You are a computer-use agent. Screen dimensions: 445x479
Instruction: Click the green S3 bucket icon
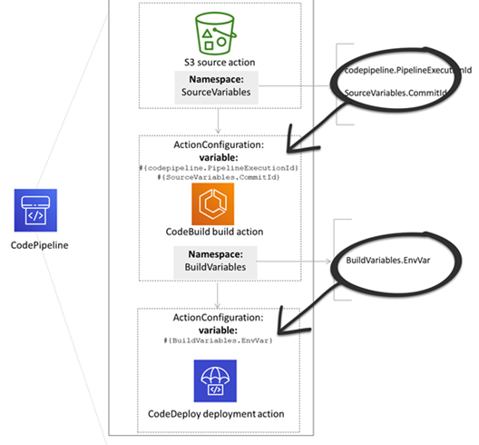217,33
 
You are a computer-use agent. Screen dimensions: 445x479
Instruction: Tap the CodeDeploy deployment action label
217,413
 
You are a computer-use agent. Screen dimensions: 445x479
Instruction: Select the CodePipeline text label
36,244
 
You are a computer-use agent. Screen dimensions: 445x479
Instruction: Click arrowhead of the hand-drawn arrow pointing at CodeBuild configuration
293,144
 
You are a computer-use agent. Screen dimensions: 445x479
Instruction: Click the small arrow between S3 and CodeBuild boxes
218,127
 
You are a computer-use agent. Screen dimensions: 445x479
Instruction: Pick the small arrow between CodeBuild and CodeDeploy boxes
218,301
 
